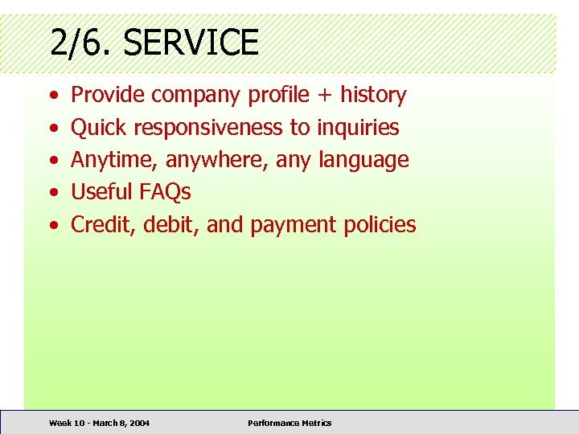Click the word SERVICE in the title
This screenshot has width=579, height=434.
(x=191, y=42)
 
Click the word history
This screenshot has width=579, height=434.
(x=373, y=95)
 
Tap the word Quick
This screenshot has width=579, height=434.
(x=99, y=127)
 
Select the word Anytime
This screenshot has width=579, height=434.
(x=115, y=160)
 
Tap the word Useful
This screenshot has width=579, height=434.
(x=102, y=192)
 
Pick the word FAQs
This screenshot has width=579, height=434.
(x=165, y=192)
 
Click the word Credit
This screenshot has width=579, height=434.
(x=103, y=224)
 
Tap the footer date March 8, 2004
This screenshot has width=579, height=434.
(x=121, y=423)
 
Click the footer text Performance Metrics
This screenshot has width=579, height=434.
(x=289, y=423)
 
